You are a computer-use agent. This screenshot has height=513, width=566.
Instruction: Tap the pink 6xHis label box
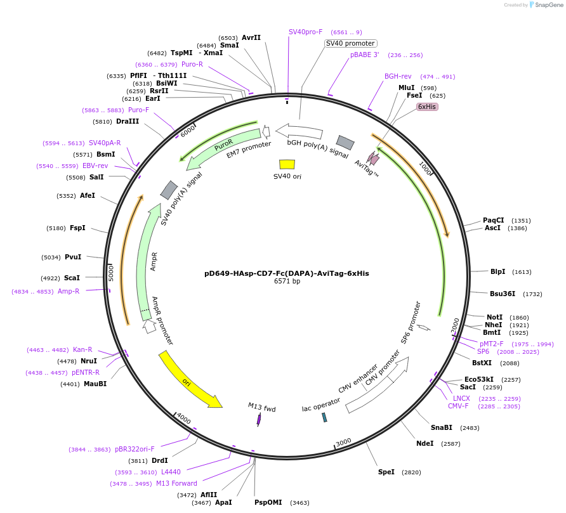427,107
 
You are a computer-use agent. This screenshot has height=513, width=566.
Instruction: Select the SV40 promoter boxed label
350,43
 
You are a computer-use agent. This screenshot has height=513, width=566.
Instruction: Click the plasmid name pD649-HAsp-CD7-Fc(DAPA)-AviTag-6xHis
286,273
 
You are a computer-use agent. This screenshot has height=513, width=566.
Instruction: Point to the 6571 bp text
287,281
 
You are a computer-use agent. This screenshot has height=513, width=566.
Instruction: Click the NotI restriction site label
494,317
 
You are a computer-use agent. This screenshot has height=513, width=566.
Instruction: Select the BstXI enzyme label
482,363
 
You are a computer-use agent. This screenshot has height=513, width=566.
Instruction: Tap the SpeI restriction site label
386,472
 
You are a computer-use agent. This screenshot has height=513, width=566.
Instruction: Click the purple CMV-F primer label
458,406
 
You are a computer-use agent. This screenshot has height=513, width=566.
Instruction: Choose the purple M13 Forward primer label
176,483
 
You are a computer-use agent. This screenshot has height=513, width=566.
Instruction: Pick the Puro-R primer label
192,64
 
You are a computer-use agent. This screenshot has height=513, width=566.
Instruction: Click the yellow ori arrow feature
189,379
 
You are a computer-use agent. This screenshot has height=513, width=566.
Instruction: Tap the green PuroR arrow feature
223,149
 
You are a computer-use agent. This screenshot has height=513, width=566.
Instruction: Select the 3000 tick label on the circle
343,441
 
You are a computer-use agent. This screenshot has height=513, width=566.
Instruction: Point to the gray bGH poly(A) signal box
345,143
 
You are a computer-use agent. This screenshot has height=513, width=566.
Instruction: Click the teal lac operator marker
324,417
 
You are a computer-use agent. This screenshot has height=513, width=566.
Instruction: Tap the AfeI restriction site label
88,195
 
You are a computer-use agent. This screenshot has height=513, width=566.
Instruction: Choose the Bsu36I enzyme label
503,294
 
